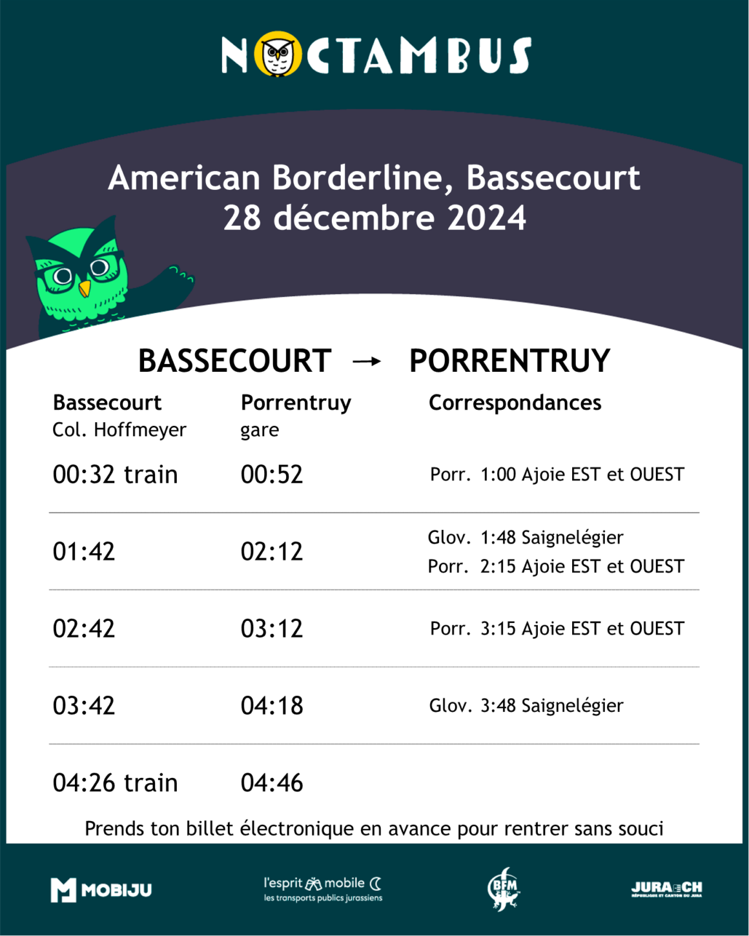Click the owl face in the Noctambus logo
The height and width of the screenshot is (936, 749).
pos(278,54)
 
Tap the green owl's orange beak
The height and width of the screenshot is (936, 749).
pos(85,289)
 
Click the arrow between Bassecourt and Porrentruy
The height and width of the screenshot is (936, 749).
pos(367,361)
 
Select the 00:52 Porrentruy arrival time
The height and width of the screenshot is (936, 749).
pos(272,474)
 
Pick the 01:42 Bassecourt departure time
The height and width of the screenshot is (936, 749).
pos(83,551)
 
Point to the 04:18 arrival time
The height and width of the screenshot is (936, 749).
pos(272,706)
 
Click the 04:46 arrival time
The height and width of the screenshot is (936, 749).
pos(272,783)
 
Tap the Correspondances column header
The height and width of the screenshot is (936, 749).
pos(515,403)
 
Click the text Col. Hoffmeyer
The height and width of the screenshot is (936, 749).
pos(119,430)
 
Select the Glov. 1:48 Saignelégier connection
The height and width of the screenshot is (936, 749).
pos(526,538)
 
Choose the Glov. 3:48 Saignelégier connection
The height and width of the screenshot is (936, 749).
pos(526,706)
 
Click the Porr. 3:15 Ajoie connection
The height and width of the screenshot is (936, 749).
pos(557,629)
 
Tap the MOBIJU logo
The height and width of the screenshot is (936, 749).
pos(101,890)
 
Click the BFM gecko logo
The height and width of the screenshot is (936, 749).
pos(504,889)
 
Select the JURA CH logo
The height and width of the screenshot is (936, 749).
pos(666,889)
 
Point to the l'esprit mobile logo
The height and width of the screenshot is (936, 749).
pos(323,890)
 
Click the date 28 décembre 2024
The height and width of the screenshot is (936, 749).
pos(374,218)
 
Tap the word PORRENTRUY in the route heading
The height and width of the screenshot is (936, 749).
pos(509,361)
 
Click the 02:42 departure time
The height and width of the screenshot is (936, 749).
pos(83,629)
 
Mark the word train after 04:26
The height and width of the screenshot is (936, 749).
pos(151,783)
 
